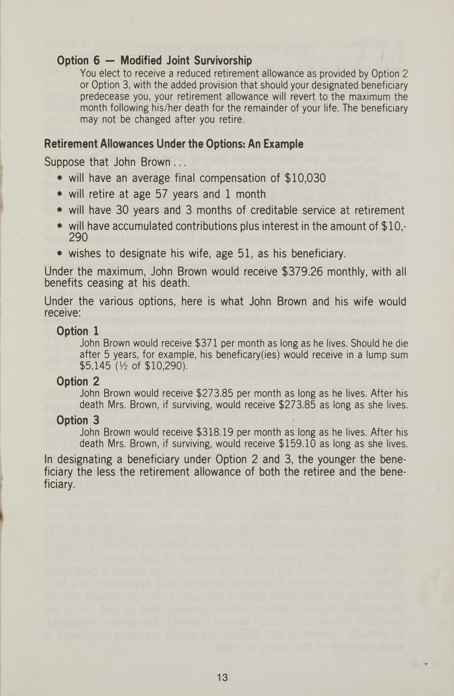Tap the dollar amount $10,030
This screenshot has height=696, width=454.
point(305,178)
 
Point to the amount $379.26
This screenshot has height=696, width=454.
point(302,272)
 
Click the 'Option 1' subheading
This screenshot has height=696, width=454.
point(77,331)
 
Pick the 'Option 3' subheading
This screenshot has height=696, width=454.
point(78,420)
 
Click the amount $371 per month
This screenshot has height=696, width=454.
point(207,343)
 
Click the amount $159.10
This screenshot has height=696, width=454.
point(297,444)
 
